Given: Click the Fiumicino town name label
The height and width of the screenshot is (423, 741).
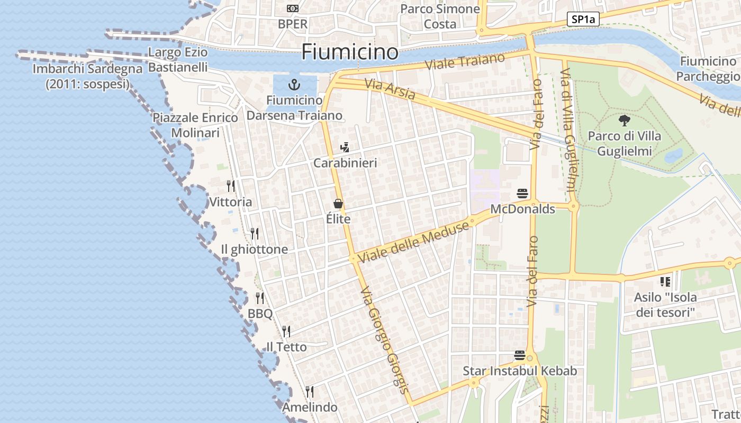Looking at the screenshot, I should pos(349,52).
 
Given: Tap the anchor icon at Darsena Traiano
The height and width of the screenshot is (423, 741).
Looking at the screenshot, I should pos(294,85).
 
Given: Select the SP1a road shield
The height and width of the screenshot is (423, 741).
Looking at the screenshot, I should pos(583,20).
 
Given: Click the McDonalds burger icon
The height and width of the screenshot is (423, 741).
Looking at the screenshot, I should pos(522,194).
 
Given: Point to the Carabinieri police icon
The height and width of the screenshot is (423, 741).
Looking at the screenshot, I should pos(345,148).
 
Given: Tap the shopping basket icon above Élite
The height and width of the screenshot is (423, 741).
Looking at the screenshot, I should pos(338,204).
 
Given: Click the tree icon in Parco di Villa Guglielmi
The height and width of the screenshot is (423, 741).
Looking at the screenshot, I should pos(625,121).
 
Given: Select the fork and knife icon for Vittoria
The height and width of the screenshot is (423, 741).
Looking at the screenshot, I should pos(231,186).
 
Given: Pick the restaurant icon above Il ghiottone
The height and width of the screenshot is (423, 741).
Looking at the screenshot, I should pos(255,234).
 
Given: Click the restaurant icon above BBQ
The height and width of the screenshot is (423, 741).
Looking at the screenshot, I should pos(260,298).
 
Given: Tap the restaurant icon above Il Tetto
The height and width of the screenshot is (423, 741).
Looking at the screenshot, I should pos(286,332).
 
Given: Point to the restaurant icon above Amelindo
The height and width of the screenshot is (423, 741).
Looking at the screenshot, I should pos(310,392).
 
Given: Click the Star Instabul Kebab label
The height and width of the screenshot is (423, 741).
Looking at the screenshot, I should pos(520,371).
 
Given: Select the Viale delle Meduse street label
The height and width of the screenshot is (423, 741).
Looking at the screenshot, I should pos(414,242).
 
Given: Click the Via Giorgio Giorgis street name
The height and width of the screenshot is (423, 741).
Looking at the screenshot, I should pos(384,341).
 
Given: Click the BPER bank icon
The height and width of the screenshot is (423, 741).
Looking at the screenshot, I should pos(292,8).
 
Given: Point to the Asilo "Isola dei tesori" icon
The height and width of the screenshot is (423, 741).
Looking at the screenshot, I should pos(665,282).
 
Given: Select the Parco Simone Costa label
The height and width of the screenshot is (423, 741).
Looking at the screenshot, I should pos(440,16).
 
